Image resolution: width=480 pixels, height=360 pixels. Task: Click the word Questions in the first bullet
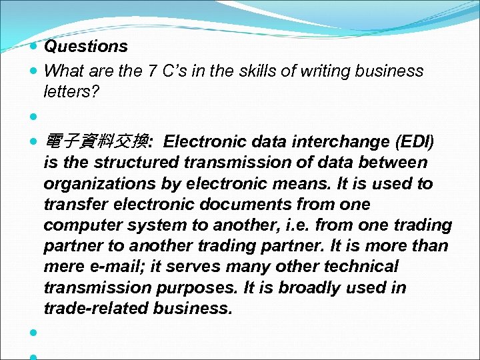85,47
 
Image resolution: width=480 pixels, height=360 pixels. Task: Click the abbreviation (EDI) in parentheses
415,141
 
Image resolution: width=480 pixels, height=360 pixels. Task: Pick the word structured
137,163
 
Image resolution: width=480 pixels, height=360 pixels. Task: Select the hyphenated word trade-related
96,309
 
